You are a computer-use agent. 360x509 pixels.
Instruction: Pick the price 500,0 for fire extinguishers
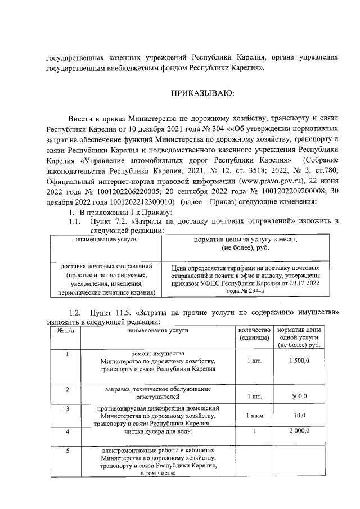pos(299,397)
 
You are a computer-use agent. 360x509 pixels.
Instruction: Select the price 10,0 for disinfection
pos(299,415)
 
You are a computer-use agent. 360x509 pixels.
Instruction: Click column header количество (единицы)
pos(254,333)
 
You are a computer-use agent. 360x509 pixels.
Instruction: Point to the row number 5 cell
pos(67,451)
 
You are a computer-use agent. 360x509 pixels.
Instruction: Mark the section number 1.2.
pos(72,312)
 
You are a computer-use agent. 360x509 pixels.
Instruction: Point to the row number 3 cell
pos(67,408)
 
